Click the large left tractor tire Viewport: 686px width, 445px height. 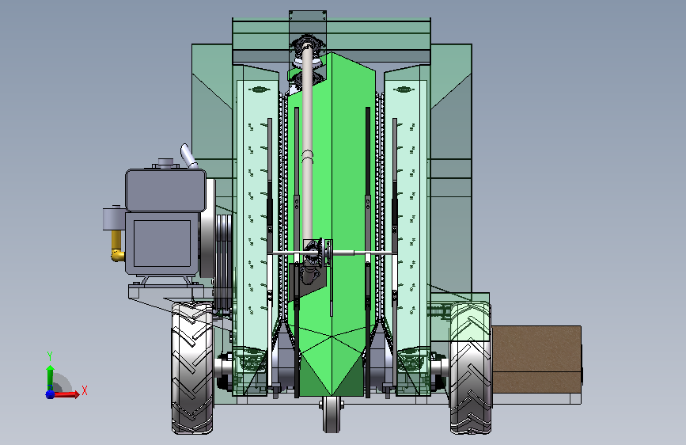click(192, 368)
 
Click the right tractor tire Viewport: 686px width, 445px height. click(471, 368)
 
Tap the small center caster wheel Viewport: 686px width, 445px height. click(332, 414)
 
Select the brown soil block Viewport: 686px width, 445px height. click(536, 359)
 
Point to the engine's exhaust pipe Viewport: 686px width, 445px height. click(188, 156)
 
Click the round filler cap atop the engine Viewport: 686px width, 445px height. click(166, 163)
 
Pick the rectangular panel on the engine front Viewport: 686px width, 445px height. click(162, 243)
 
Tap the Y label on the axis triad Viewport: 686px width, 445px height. click(50, 356)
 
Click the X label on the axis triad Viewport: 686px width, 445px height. click(85, 390)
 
